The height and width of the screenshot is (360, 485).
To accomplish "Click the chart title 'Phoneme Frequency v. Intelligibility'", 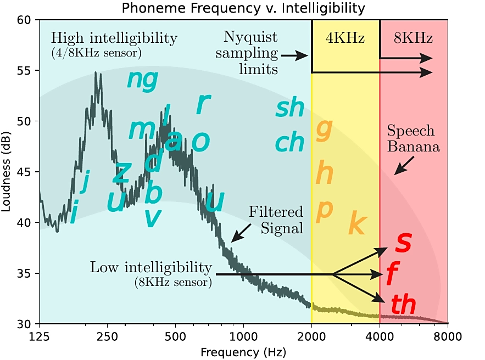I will (243, 8).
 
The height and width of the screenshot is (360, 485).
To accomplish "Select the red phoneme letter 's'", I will (403, 243).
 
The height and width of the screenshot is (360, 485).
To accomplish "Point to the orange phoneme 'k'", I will (358, 223).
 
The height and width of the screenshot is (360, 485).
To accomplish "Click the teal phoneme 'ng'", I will (142, 80).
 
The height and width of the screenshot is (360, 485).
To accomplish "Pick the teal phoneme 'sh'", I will (289, 108).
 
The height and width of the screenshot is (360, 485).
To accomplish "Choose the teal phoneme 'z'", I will (121, 173).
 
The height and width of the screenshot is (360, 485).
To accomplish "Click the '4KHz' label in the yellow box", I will (346, 38).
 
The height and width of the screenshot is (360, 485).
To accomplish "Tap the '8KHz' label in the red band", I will (414, 38).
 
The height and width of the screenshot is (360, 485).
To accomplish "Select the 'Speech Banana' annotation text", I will (410, 139).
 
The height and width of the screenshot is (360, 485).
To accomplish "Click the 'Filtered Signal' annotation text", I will (276, 220).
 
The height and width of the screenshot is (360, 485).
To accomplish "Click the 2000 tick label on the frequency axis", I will (311, 336).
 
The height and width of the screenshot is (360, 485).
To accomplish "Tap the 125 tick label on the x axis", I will (40, 336).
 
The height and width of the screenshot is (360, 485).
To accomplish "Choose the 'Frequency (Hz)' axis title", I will (243, 350).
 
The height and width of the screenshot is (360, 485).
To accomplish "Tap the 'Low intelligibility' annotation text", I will (151, 268).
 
